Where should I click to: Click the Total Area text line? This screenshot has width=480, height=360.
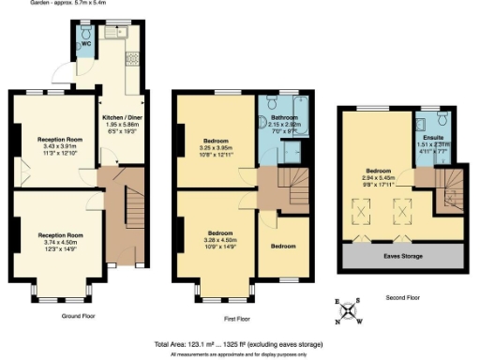[239, 343]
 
